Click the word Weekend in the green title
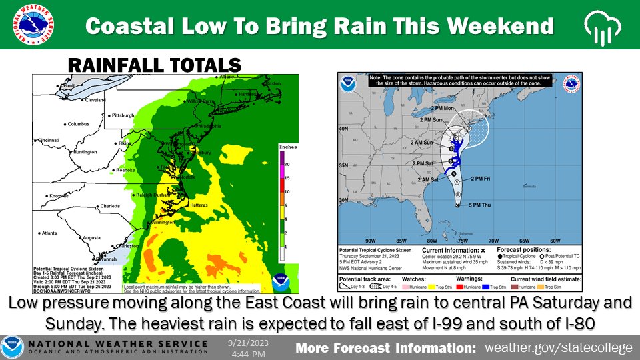511,26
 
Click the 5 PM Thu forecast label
475,205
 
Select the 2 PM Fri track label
484,178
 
